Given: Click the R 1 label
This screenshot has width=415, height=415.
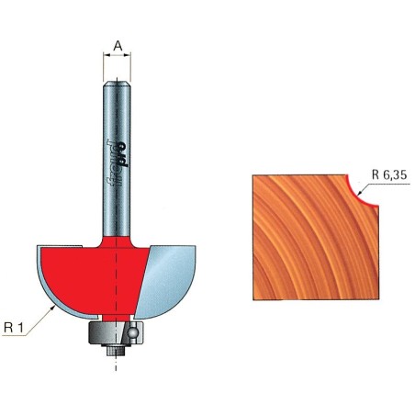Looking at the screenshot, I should [x=18, y=324].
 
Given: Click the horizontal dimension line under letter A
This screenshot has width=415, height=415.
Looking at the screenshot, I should [x=118, y=56].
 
